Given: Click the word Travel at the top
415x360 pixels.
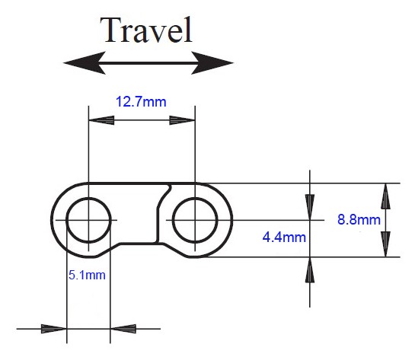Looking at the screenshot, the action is click(146, 30).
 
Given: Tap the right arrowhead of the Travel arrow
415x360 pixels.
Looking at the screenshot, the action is click(212, 63).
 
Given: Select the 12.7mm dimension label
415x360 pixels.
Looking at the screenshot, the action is click(141, 102).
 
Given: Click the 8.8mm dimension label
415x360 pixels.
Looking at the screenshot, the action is click(359, 219).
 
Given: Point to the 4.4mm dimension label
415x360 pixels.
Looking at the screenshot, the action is click(284, 237).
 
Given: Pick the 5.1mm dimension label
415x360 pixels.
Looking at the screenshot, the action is click(87, 275).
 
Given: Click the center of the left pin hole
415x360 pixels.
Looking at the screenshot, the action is click(88, 220).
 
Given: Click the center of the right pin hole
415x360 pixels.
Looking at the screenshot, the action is click(195, 220).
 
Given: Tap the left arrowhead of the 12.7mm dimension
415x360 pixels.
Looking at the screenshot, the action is click(101, 120).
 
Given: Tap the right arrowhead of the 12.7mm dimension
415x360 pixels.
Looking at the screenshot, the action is click(182, 120).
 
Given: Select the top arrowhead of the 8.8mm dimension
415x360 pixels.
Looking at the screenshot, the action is click(385, 196).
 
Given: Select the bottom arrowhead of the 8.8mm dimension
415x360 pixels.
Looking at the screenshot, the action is click(385, 244).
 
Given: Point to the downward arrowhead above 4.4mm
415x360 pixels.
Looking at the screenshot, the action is click(310, 207).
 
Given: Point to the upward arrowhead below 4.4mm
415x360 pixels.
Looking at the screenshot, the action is click(310, 269).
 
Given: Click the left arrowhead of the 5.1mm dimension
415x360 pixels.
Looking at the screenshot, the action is click(54, 329).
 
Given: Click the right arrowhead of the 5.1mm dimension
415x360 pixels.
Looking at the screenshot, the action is click(123, 329).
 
